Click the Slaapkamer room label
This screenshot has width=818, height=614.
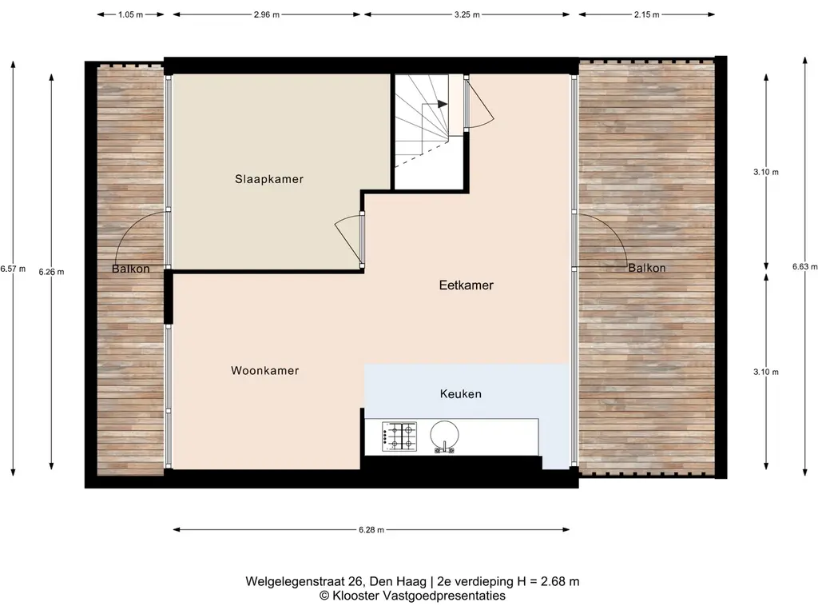268,179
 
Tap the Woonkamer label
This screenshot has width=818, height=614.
265,371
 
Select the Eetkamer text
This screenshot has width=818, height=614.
467,285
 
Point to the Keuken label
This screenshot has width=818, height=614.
461,393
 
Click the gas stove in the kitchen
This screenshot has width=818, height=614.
399,437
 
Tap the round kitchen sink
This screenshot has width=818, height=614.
444,436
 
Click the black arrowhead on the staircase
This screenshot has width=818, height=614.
443,104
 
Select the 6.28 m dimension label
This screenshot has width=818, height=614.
371,530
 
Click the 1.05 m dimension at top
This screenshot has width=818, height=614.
130,14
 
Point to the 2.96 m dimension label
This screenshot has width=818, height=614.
267,14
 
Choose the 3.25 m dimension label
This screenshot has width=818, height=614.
467,14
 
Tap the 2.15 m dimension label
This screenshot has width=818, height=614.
647,14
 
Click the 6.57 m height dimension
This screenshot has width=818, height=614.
13,269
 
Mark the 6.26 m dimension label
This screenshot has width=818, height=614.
51,272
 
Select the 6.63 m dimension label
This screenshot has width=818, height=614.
805,266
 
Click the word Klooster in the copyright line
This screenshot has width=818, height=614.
355,596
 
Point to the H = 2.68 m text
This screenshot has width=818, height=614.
548,582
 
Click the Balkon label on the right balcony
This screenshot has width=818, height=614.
647,268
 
